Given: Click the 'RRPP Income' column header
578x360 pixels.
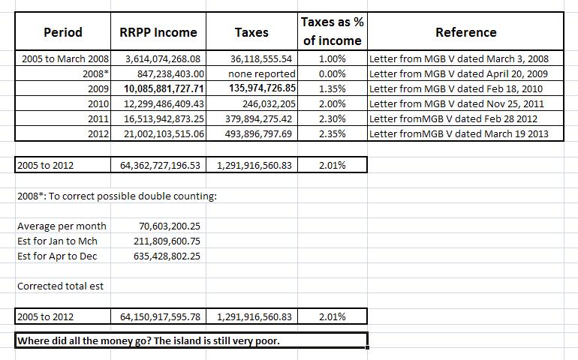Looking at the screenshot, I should (x=158, y=32).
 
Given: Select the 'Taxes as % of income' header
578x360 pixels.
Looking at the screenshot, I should (x=331, y=31).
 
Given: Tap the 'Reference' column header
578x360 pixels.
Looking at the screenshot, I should (x=465, y=32).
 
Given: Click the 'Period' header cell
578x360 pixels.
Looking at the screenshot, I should (x=63, y=32).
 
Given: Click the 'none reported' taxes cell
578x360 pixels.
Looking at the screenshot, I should (x=262, y=73).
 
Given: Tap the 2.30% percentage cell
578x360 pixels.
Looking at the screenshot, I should (x=332, y=118).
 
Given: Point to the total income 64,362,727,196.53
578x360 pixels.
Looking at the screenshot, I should (x=161, y=165).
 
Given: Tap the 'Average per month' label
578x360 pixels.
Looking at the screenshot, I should (x=62, y=226).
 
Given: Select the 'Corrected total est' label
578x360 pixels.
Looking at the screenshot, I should (x=60, y=286).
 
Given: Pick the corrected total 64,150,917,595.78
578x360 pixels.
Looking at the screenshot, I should (x=161, y=317).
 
